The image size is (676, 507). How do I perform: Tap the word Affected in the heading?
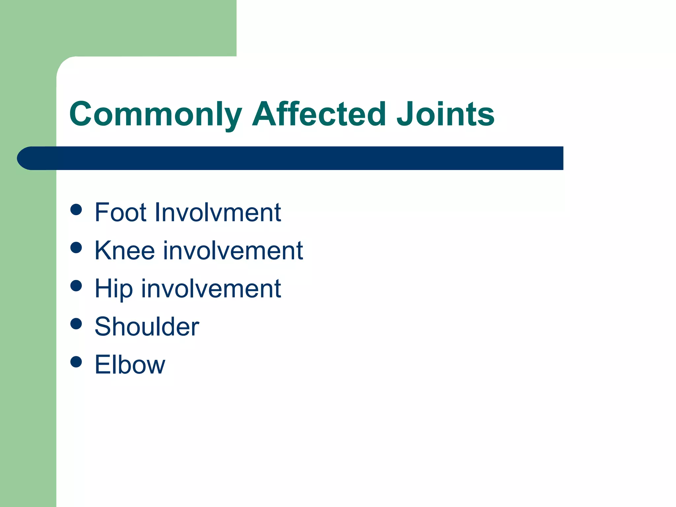point(319,114)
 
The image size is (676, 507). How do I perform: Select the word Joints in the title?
point(445,114)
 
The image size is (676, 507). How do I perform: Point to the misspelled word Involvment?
point(218,212)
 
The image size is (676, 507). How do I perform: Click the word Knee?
point(124,251)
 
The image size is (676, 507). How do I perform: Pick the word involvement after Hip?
point(211,288)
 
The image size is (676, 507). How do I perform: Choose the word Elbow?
point(130,365)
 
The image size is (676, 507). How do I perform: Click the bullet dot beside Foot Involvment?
point(76,210)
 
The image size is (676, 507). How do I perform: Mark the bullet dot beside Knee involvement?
point(76,248)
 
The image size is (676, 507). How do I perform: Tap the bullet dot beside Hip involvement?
point(76,286)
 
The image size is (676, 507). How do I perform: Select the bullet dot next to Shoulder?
point(76,324)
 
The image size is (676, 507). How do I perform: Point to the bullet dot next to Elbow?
point(76,362)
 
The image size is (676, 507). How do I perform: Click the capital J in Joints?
point(406,114)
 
